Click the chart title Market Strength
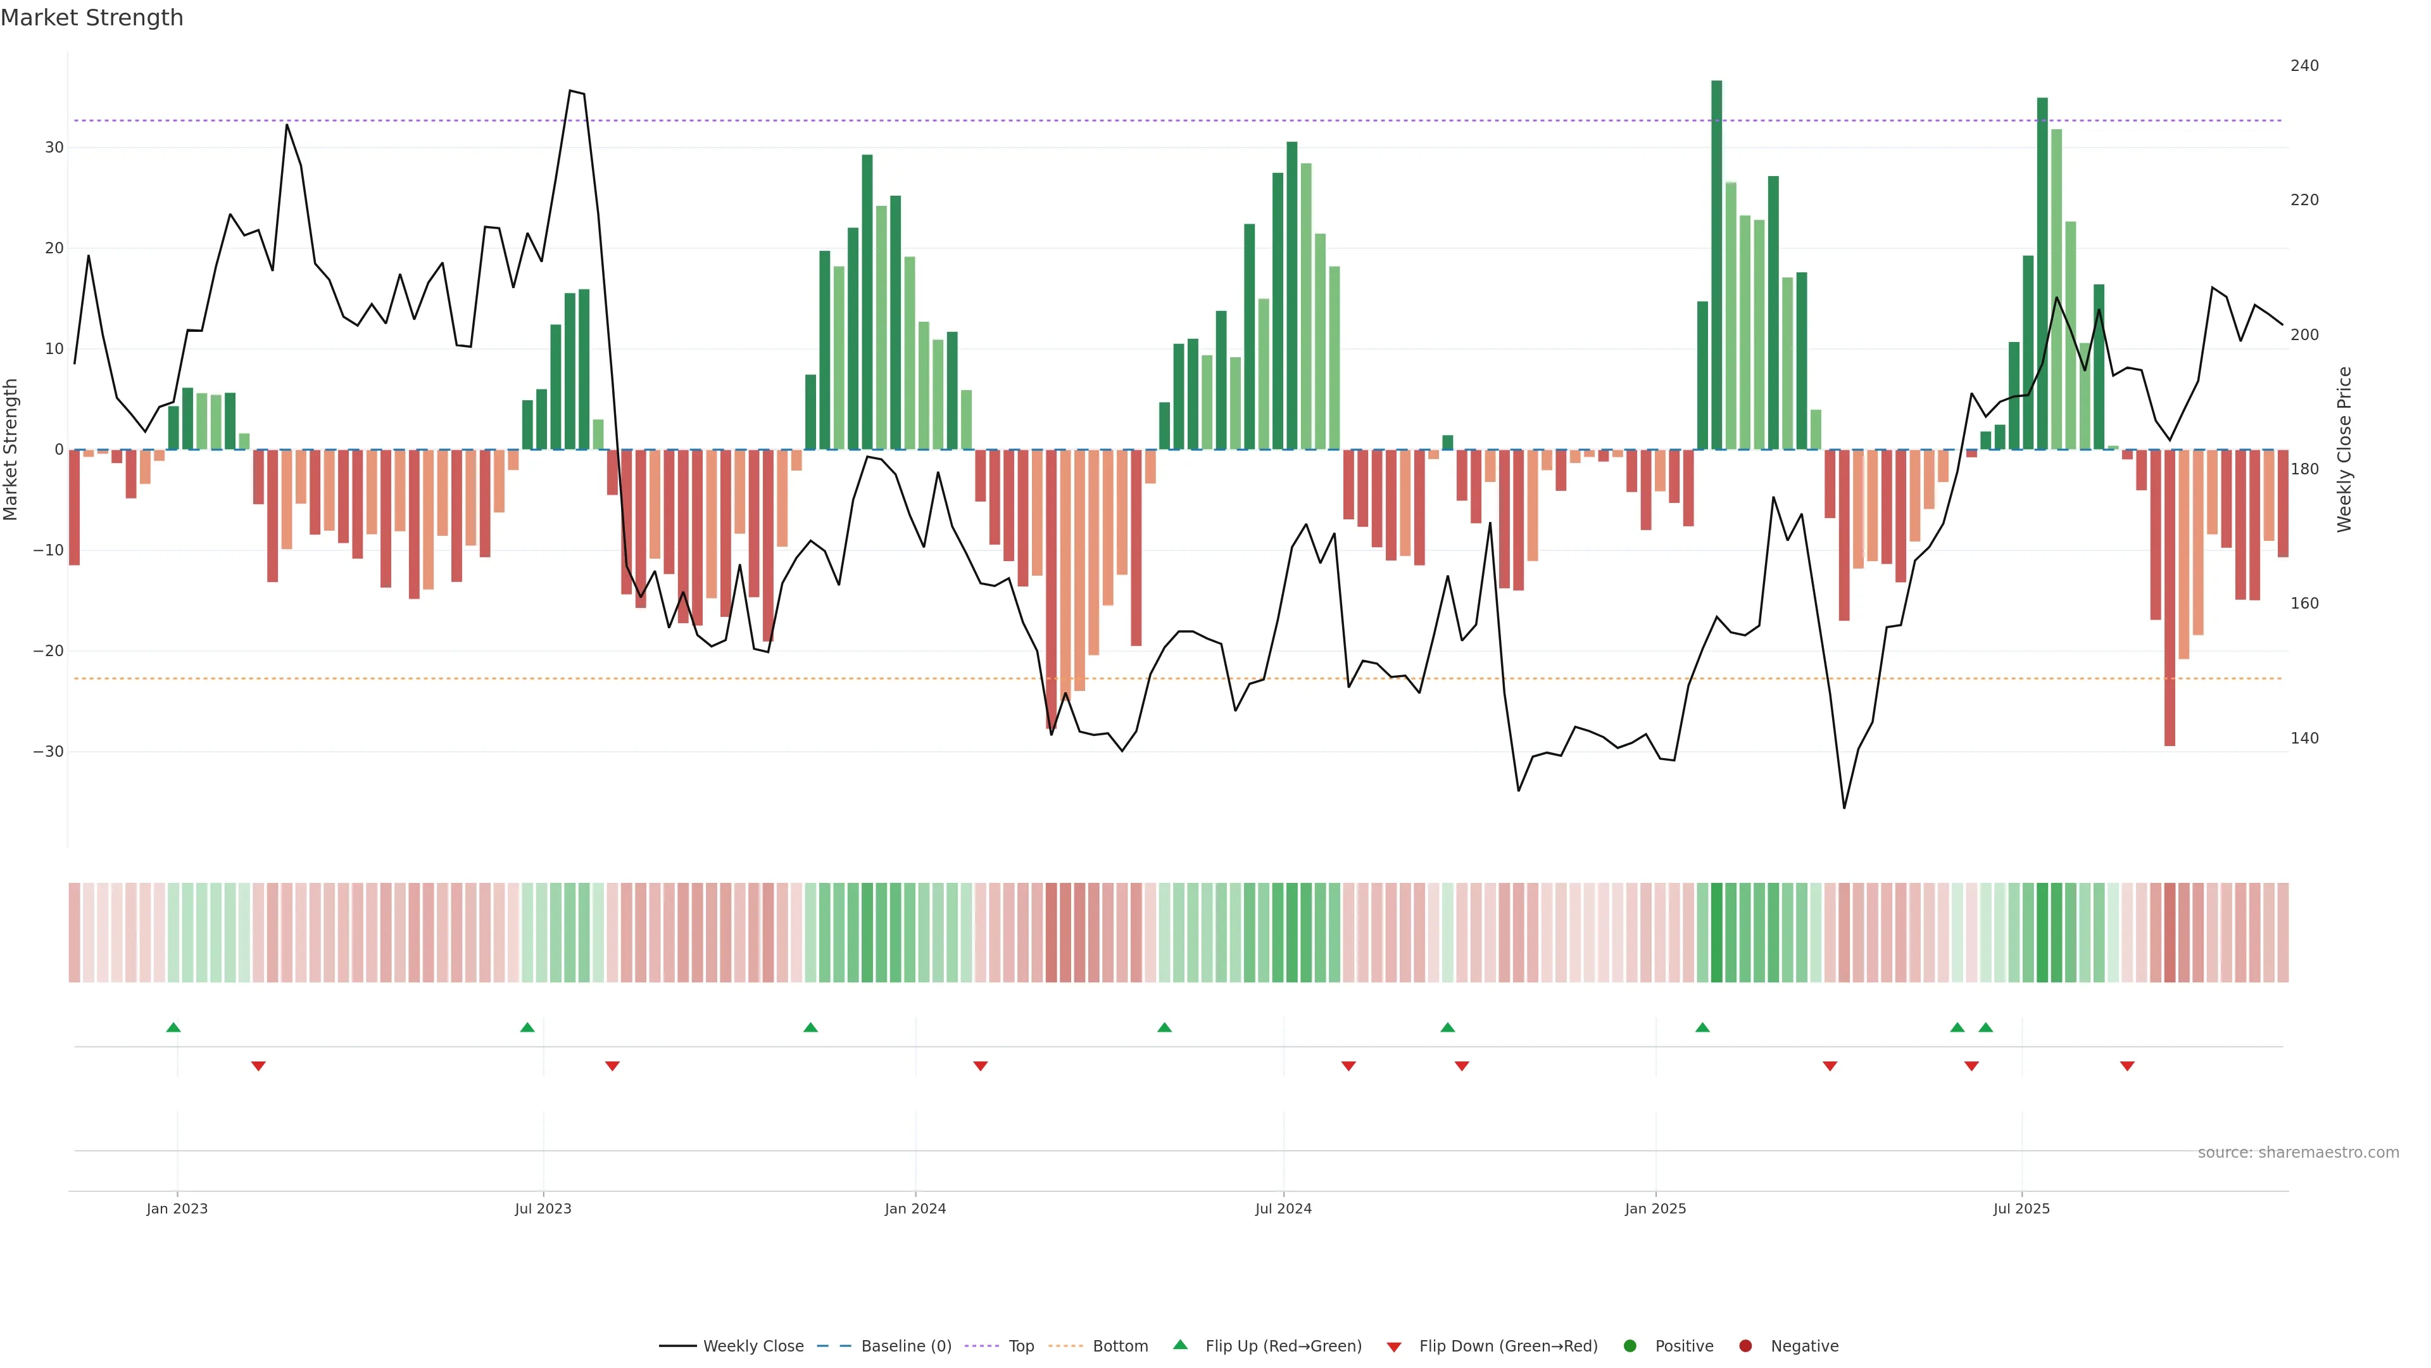(92, 18)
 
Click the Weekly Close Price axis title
(2344, 450)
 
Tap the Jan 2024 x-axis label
(914, 1208)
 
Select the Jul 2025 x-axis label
(2021, 1208)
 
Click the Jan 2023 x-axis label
(177, 1208)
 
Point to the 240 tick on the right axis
(2304, 66)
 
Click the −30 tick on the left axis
(48, 752)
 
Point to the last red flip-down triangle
(2127, 1066)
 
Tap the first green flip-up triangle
(173, 1027)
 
